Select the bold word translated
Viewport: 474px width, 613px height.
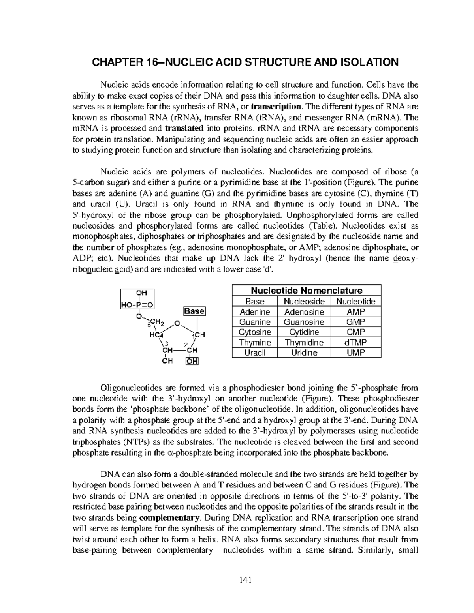point(184,128)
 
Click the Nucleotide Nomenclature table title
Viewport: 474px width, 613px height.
point(307,291)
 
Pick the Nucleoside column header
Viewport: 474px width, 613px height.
point(304,302)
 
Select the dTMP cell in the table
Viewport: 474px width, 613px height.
point(355,343)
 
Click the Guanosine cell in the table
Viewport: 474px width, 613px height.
point(304,322)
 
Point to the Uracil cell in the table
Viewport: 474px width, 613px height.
point(255,353)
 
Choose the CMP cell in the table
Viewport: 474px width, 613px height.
point(355,332)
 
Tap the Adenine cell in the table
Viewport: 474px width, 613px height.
point(255,312)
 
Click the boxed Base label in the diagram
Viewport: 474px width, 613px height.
point(194,311)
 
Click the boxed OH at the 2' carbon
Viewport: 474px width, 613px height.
point(193,361)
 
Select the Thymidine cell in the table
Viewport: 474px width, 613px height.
point(304,343)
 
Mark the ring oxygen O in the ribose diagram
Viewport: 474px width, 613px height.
point(177,324)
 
